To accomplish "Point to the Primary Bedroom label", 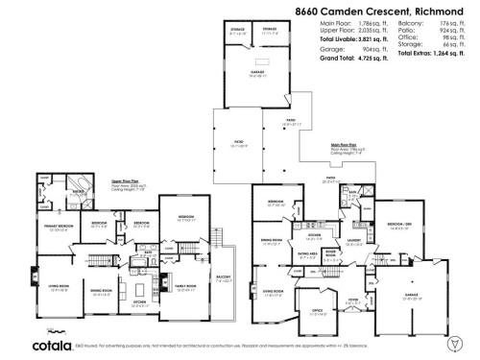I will tap(59, 227).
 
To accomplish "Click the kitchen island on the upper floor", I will tap(141, 287).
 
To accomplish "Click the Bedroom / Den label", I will tap(396, 227).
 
